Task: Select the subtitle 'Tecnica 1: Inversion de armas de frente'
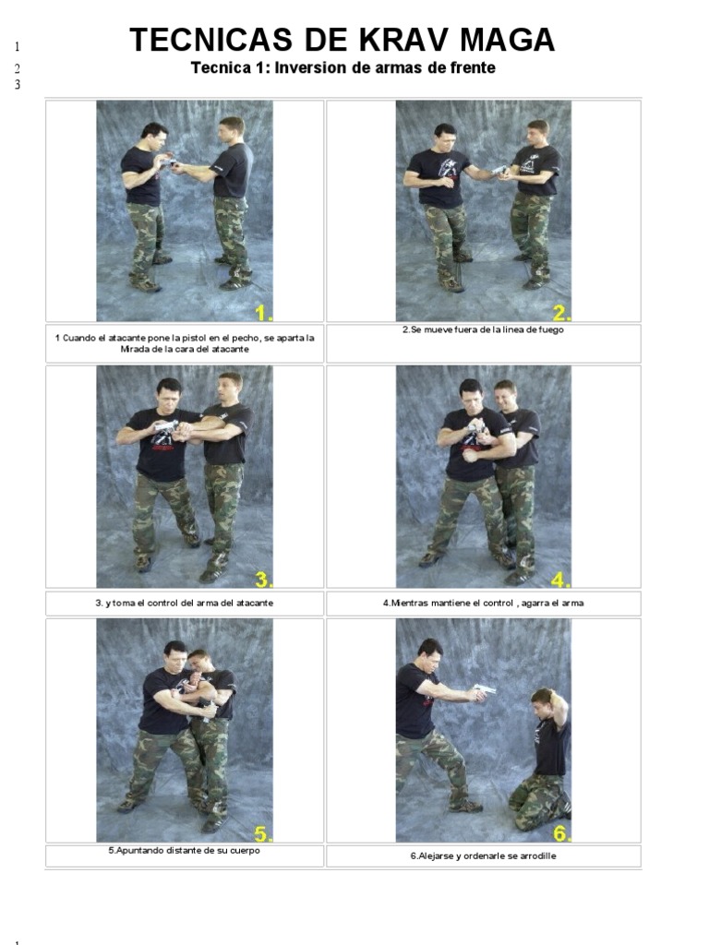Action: (x=342, y=67)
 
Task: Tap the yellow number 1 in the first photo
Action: (x=263, y=310)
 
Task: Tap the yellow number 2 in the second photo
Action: (x=561, y=310)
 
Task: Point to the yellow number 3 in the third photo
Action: (x=263, y=580)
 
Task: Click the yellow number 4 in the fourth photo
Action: (x=561, y=580)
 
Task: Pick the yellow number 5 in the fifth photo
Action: (x=263, y=833)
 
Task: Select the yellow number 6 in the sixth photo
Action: (x=561, y=833)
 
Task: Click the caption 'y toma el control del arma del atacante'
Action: (x=184, y=603)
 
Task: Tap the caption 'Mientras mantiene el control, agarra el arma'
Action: (x=483, y=603)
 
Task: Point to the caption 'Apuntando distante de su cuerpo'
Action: (x=184, y=851)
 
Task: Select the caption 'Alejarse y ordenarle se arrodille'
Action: (x=483, y=855)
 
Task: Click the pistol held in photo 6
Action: (x=484, y=690)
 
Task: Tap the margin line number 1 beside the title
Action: (x=17, y=46)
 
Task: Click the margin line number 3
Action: (x=17, y=85)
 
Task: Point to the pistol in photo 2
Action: (x=500, y=171)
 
